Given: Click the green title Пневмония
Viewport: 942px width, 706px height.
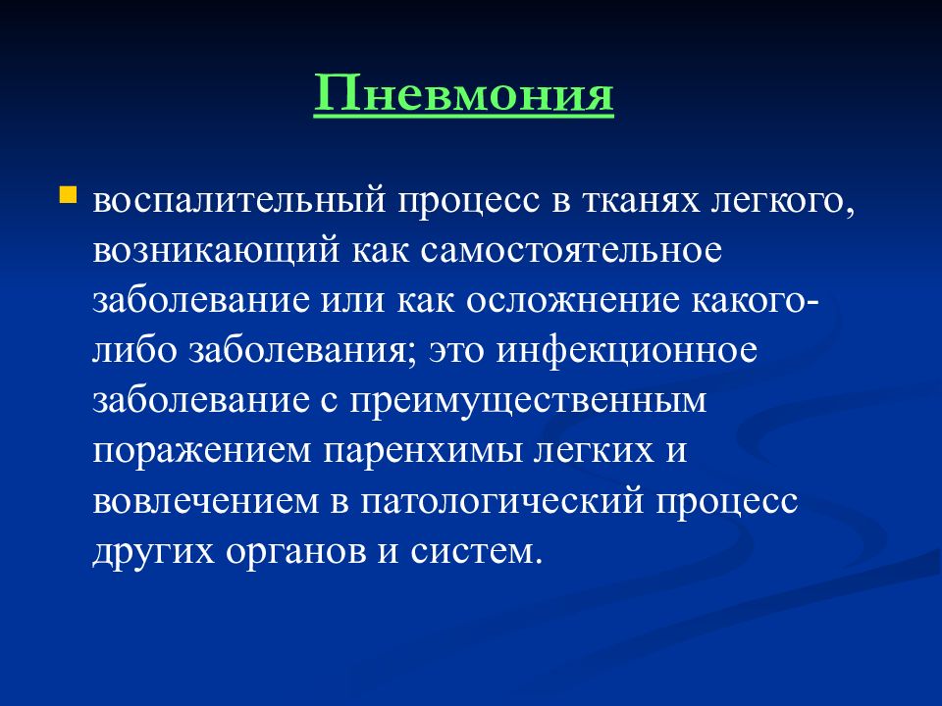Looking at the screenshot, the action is point(464,93).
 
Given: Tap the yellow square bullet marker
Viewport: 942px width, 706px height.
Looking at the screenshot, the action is point(68,195).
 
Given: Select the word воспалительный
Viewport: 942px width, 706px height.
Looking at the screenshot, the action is point(239,201).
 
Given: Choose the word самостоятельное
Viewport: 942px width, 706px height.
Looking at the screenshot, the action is point(571,251).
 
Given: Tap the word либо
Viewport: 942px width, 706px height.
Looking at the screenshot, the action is point(134,351).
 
